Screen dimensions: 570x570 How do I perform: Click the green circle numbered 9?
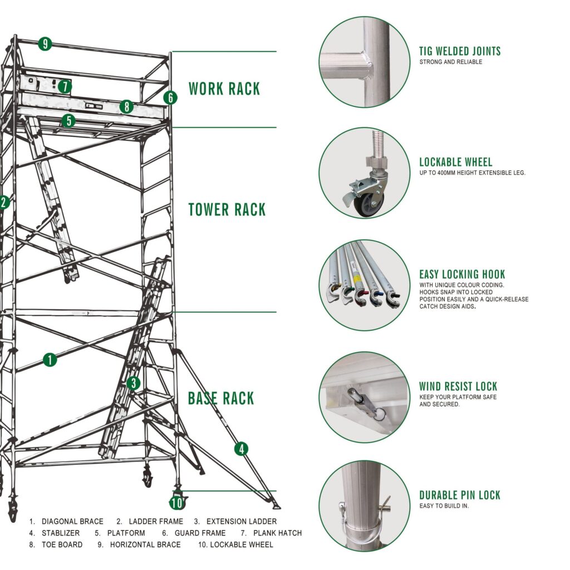tap(45, 44)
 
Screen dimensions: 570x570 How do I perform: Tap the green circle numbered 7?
tap(65, 86)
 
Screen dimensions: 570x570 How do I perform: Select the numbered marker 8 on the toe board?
tap(126, 107)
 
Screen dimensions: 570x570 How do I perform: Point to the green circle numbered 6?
tap(170, 98)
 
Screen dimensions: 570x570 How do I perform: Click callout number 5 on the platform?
tap(68, 120)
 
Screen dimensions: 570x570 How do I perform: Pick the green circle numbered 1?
tap(50, 360)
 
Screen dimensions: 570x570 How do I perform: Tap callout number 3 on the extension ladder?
tap(133, 383)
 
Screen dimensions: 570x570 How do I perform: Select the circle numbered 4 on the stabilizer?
tap(241, 449)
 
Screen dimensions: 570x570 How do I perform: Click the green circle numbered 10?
tap(176, 503)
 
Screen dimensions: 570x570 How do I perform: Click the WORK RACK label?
tap(224, 89)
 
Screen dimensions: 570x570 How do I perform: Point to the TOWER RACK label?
tap(227, 210)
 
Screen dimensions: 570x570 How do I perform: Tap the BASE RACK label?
tap(221, 399)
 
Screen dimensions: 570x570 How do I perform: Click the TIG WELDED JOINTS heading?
tap(460, 52)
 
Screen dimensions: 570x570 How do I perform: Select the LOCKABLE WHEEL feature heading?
tap(455, 163)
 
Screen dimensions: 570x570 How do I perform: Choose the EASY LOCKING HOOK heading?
tap(462, 274)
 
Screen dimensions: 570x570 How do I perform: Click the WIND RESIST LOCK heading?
tap(458, 386)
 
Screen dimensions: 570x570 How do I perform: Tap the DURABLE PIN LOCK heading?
tap(460, 495)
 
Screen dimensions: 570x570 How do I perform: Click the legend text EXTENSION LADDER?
tap(241, 522)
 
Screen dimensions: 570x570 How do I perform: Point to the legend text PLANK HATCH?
tap(277, 533)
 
